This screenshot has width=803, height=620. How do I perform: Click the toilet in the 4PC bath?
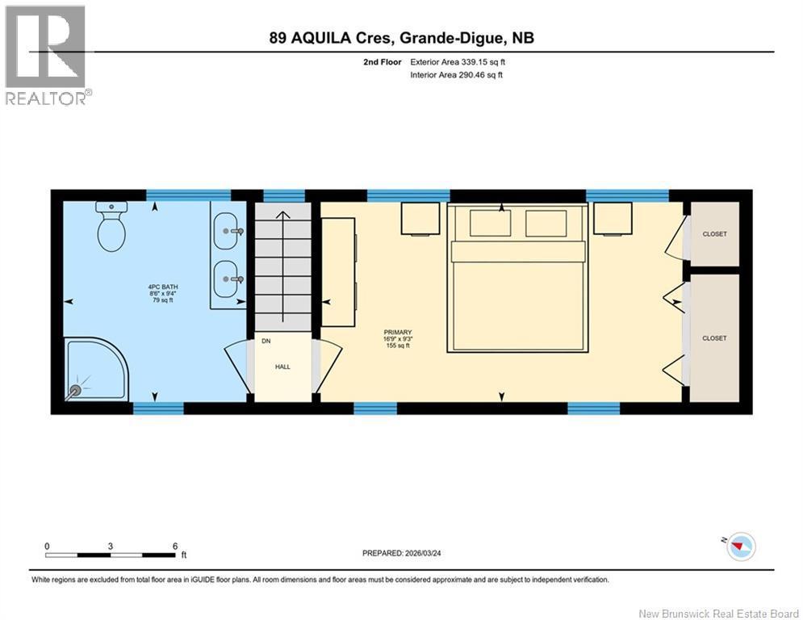pyautogui.click(x=111, y=226)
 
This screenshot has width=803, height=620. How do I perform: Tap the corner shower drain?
pyautogui.click(x=76, y=390)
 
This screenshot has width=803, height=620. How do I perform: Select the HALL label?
pyautogui.click(x=282, y=367)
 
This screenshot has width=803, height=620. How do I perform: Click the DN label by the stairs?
pyautogui.click(x=266, y=341)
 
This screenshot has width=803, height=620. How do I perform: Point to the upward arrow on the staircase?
pyautogui.click(x=282, y=266)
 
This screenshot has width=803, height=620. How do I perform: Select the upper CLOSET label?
pyautogui.click(x=714, y=234)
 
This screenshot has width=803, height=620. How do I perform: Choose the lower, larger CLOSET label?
pyautogui.click(x=714, y=339)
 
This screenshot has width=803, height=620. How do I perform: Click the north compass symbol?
pyautogui.click(x=741, y=547)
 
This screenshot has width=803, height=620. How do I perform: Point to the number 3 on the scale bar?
pyautogui.click(x=111, y=547)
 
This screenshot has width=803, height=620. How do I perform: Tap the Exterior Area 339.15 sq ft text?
pyautogui.click(x=458, y=62)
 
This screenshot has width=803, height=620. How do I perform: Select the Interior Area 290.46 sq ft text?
pyautogui.click(x=456, y=75)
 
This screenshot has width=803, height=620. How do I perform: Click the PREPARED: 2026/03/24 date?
pyautogui.click(x=402, y=553)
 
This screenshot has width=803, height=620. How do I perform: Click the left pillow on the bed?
pyautogui.click(x=490, y=223)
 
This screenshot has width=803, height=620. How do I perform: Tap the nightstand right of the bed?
pyautogui.click(x=613, y=219)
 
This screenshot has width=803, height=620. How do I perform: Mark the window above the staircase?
pyautogui.click(x=284, y=195)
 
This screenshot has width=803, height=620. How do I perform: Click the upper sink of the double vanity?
pyautogui.click(x=226, y=231)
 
